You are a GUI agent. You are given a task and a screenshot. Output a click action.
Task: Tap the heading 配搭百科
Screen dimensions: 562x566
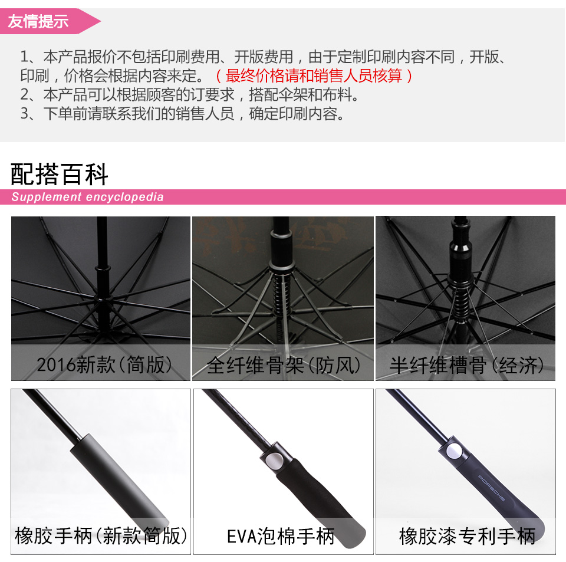[60, 175]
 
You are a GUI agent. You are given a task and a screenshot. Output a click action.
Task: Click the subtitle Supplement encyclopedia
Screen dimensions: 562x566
[87, 197]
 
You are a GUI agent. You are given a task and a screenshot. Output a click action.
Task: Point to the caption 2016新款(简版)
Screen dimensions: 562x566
[104, 365]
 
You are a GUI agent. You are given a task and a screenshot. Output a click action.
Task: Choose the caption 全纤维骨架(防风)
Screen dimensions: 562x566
[284, 365]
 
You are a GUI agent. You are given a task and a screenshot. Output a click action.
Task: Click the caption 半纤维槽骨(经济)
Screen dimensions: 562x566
[466, 365]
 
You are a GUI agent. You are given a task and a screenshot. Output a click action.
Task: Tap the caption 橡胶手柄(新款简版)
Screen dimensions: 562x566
[101, 536]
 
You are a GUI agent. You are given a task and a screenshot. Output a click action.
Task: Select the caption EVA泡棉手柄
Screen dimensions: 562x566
[281, 536]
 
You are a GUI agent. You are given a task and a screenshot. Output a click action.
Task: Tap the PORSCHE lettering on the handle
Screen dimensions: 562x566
[492, 487]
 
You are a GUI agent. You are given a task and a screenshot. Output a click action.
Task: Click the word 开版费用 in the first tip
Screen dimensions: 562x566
[264, 57]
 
